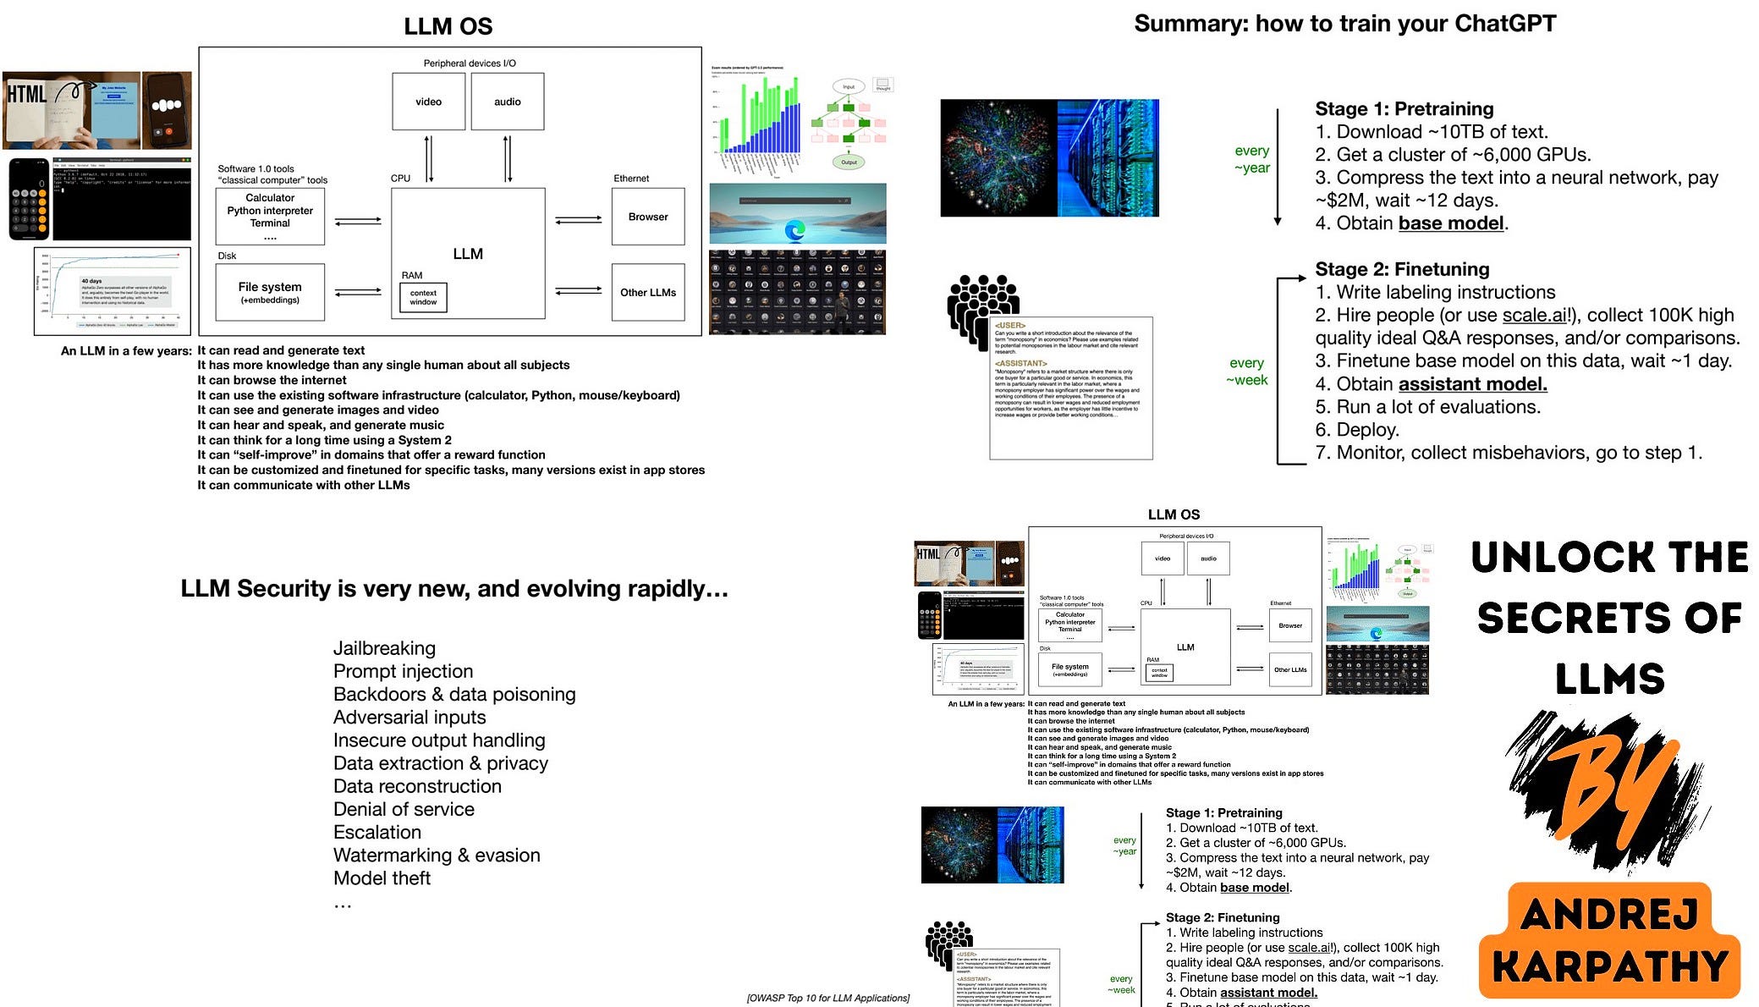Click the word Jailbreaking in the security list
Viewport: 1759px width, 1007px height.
click(x=384, y=648)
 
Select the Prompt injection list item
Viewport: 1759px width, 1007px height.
click(x=403, y=671)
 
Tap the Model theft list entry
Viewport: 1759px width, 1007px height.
click(x=382, y=878)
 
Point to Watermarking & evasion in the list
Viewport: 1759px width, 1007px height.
click(x=437, y=856)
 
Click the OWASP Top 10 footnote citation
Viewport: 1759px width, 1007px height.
click(x=827, y=998)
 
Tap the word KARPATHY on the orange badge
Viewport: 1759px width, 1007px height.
click(x=1609, y=967)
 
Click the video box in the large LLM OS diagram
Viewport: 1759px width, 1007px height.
click(x=428, y=102)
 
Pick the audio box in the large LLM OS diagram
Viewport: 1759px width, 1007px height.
click(x=507, y=102)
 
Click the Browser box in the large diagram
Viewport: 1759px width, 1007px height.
click(x=647, y=217)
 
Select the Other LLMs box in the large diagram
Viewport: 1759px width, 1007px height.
click(x=647, y=293)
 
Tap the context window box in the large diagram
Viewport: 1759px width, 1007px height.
click(x=423, y=297)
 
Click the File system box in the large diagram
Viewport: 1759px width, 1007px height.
click(x=270, y=292)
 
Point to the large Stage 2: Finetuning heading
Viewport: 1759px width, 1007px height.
click(x=1401, y=269)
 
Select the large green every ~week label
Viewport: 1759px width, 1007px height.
click(x=1246, y=371)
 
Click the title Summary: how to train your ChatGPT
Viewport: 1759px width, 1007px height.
click(x=1344, y=24)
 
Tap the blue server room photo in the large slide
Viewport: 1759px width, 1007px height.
click(x=1108, y=158)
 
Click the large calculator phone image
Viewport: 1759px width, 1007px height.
click(x=29, y=200)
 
